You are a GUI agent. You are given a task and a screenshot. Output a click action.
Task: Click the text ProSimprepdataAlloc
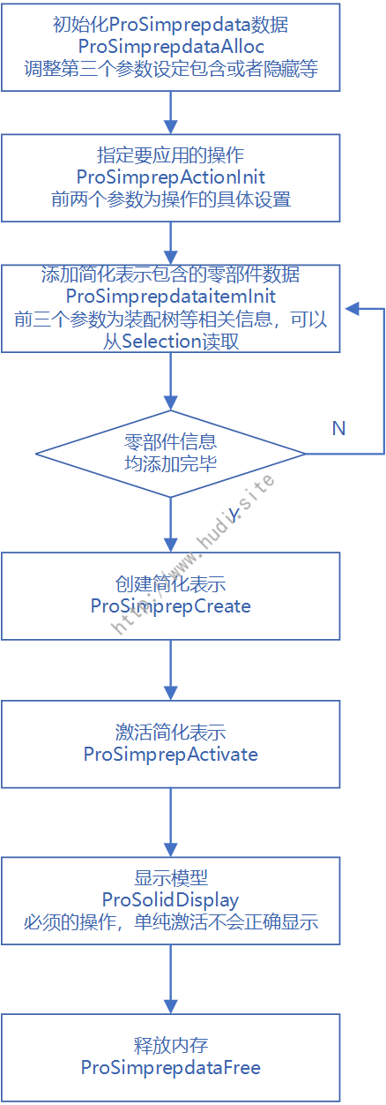171,47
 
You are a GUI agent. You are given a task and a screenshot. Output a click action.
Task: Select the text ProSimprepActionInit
171,177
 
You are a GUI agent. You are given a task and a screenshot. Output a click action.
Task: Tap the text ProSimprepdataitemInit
171,296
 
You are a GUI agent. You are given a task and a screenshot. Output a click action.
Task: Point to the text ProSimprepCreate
171,605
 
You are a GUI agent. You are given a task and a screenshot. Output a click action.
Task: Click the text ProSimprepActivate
171,754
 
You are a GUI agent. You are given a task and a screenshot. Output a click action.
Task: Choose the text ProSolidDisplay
170,900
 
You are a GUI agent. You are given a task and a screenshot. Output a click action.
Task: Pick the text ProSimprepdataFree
171,1067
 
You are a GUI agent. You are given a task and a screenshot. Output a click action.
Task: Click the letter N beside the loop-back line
338,428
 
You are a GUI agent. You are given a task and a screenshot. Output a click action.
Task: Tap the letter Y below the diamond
234,515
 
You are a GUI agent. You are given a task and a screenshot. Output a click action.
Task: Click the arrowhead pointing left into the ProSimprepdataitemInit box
352,309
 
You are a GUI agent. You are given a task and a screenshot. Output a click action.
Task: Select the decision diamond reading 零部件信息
171,454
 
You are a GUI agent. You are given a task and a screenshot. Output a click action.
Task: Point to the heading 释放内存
171,1045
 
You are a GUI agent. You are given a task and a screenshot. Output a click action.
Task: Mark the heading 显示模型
171,878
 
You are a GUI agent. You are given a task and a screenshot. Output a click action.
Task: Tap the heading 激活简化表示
171,732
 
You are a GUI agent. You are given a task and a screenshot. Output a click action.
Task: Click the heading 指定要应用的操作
171,155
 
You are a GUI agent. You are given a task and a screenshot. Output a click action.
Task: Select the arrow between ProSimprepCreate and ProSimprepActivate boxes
171,670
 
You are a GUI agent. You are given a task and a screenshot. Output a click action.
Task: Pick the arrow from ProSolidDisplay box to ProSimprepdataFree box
171,979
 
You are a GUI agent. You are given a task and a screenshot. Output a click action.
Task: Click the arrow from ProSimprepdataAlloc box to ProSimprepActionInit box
171,112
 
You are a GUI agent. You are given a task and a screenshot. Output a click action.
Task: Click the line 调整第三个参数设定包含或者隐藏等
171,69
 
